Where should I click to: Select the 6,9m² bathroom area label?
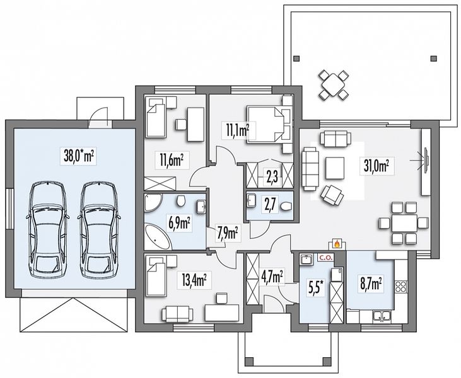click(179, 224)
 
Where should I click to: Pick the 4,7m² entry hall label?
click(272, 277)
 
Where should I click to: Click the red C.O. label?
click(326, 258)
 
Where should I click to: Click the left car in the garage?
click(48, 229)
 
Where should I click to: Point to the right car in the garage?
click(99, 229)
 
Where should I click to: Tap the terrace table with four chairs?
click(334, 84)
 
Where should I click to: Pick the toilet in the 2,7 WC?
click(286, 207)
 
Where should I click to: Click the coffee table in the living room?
click(335, 168)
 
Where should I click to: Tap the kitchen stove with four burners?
click(401, 287)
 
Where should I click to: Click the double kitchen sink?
click(382, 317)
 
